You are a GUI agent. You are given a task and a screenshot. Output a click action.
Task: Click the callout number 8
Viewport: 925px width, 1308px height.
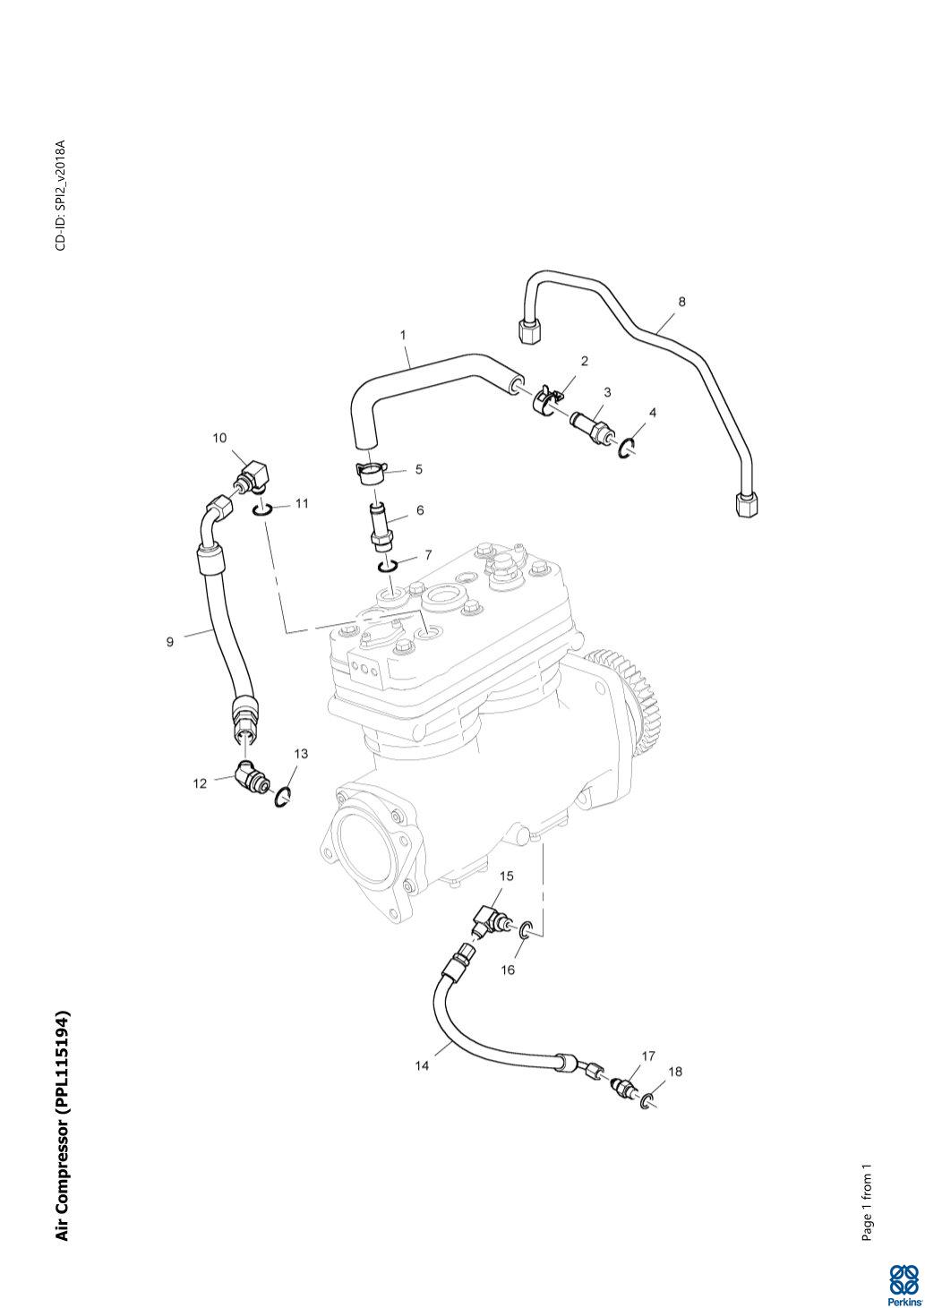tap(681, 302)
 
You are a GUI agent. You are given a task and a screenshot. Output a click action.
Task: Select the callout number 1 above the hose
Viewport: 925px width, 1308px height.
tap(403, 335)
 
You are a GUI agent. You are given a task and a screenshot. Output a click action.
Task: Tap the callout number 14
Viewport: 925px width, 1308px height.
tap(422, 1065)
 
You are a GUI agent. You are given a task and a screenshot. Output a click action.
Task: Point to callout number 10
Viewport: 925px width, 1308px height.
tap(219, 438)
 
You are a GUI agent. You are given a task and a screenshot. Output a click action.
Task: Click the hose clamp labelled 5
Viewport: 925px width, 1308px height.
tap(369, 470)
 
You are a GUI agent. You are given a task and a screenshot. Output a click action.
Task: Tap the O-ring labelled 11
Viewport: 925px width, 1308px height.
tap(261, 509)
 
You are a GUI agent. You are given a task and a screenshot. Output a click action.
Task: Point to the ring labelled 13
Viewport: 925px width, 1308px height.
tap(284, 796)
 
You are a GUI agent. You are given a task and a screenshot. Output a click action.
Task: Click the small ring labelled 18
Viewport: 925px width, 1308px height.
tap(648, 1098)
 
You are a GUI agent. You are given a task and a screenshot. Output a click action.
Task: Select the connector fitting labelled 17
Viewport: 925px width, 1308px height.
tap(621, 1085)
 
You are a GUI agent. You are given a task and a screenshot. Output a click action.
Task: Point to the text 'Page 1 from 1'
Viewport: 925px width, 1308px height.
tap(867, 1202)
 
